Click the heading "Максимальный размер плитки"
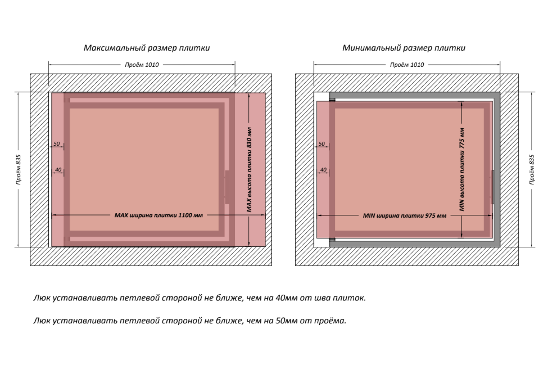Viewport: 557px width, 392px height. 147,48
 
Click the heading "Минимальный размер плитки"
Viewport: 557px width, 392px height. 404,48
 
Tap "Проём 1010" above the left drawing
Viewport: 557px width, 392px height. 142,65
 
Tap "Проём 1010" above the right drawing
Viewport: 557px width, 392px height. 407,65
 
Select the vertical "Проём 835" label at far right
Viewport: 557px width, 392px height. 532,169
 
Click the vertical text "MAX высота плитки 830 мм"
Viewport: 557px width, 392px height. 249,169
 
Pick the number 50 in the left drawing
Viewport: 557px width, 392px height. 57,145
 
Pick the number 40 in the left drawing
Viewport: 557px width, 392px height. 58,169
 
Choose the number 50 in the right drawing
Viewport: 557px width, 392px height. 322,145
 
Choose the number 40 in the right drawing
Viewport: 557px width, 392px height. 323,169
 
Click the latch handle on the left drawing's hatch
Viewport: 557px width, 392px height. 227,187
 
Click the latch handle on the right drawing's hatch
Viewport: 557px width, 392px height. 492,187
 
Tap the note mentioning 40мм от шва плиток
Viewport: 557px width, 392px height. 200,298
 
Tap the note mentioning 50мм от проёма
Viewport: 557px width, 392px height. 190,321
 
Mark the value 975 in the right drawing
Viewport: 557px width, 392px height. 430,215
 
